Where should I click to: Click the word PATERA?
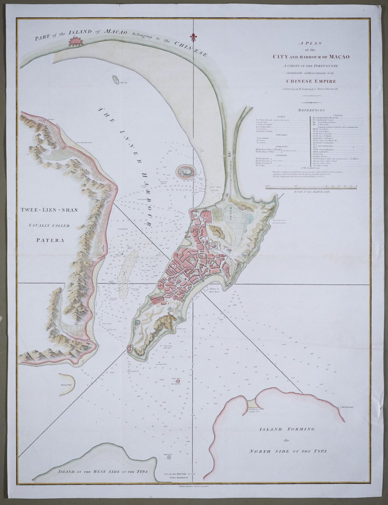[x=49, y=239]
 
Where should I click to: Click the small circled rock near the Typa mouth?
[x=170, y=457]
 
